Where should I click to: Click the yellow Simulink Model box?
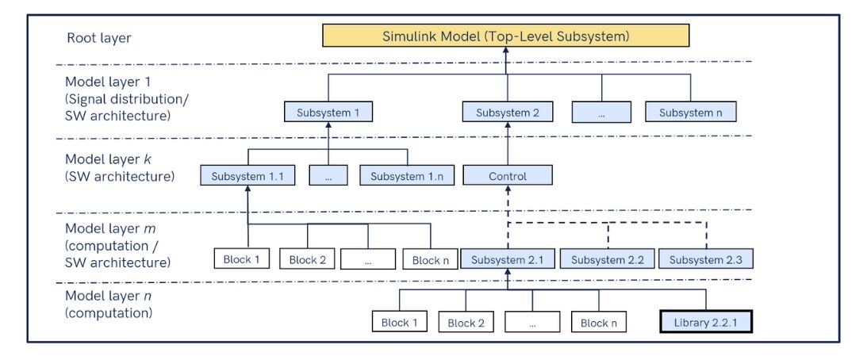point(506,36)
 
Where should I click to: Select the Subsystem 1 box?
point(328,113)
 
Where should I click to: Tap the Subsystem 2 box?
point(508,113)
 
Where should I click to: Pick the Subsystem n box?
point(690,113)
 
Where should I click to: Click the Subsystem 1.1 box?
point(247,176)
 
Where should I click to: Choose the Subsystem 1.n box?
point(407,176)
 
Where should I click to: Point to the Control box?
point(508,176)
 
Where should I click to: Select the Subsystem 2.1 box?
point(508,259)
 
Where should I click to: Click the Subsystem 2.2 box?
point(608,259)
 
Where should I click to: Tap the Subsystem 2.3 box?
point(706,259)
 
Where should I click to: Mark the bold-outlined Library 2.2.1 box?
point(706,322)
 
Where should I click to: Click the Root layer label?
point(98,38)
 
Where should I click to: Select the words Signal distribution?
point(119,99)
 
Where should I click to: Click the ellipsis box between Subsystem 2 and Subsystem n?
point(602,113)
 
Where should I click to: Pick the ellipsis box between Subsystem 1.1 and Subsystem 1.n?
point(328,176)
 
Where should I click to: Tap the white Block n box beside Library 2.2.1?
point(599,322)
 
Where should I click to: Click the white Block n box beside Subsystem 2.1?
point(431,259)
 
